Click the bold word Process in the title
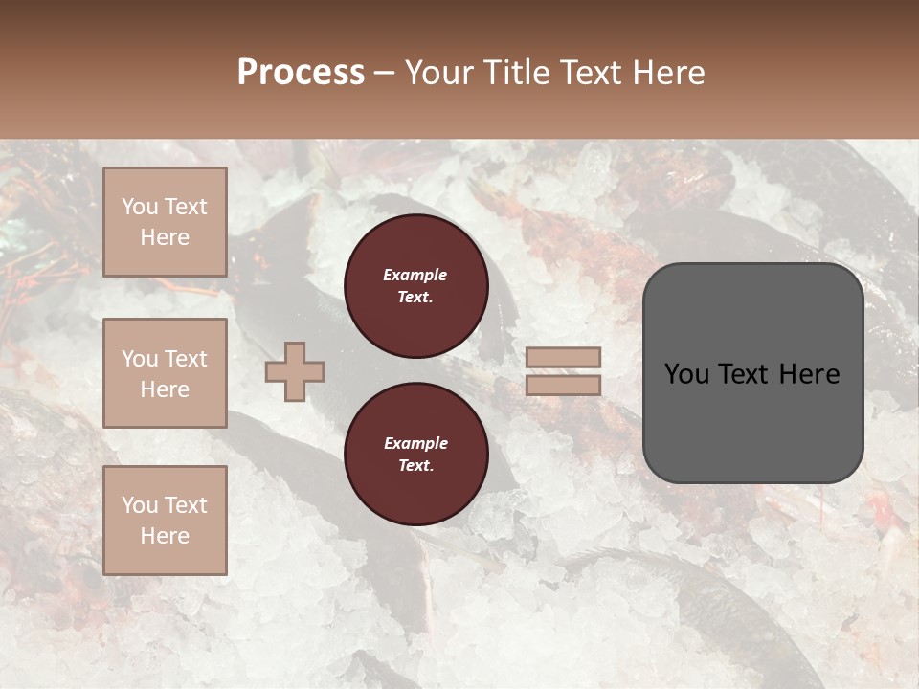(301, 73)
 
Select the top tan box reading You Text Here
(165, 222)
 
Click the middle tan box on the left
(165, 373)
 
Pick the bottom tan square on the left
(165, 521)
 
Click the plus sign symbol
(295, 371)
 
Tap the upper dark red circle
(415, 286)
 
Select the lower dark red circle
(415, 455)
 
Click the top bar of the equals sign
(563, 358)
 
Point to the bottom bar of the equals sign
(563, 385)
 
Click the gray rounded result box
(752, 373)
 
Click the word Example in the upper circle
(415, 275)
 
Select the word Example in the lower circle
(415, 443)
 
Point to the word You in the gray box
(686, 374)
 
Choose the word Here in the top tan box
(165, 237)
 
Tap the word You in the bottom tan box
(140, 505)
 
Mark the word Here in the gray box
(810, 374)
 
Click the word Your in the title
(441, 73)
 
